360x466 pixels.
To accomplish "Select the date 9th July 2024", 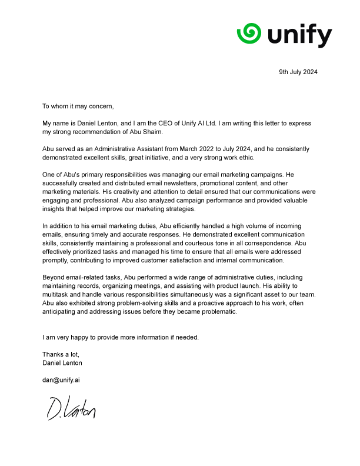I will [x=298, y=72].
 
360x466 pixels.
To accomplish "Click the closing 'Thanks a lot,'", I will [x=60, y=354].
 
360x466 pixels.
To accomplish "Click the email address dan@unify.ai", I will [x=61, y=380].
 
